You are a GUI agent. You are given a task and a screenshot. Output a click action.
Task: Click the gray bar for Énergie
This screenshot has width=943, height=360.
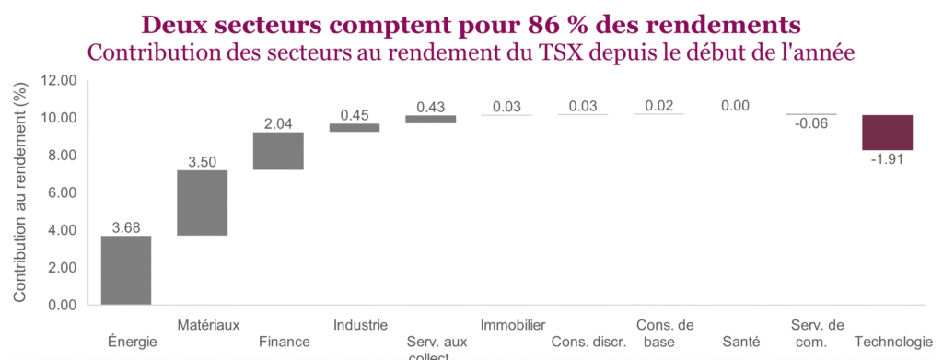pyautogui.click(x=125, y=270)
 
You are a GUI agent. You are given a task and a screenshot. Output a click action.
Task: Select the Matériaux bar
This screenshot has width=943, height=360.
pyautogui.click(x=202, y=203)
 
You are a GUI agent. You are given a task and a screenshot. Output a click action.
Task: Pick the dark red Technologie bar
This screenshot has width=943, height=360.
pyautogui.click(x=888, y=133)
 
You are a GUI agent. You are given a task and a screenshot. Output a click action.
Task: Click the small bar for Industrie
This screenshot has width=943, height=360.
pyautogui.click(x=355, y=128)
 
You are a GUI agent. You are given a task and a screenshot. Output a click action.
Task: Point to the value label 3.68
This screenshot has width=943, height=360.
pyautogui.click(x=125, y=227)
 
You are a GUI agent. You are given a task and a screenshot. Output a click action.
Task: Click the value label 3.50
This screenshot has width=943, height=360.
pyautogui.click(x=202, y=161)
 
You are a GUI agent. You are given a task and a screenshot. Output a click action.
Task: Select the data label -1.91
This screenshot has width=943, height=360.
pyautogui.click(x=888, y=159)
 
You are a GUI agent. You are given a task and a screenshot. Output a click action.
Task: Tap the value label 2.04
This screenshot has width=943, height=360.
pyautogui.click(x=278, y=123)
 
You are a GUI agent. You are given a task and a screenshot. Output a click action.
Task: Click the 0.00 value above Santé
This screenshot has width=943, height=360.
pyautogui.click(x=735, y=107)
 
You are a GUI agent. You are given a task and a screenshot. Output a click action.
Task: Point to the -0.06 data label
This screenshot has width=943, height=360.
pyautogui.click(x=811, y=124)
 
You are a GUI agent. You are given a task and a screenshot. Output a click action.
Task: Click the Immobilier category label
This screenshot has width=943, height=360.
pyautogui.click(x=513, y=325)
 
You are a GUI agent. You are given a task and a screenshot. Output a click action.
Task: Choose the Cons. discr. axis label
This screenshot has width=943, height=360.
pyautogui.click(x=589, y=342)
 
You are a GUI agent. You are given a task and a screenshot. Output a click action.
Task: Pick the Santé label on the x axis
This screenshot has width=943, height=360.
pyautogui.click(x=741, y=342)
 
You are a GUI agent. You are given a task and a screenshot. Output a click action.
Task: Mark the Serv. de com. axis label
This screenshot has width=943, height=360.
pyautogui.click(x=817, y=333)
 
